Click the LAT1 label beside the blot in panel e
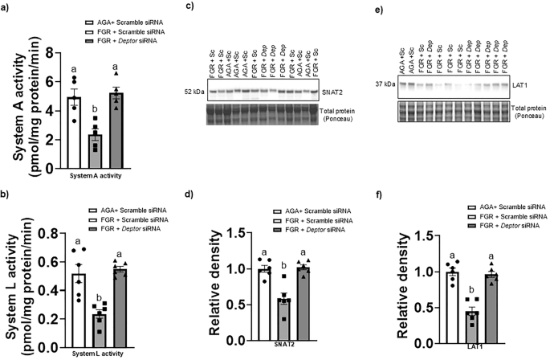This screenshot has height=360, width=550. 522,83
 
